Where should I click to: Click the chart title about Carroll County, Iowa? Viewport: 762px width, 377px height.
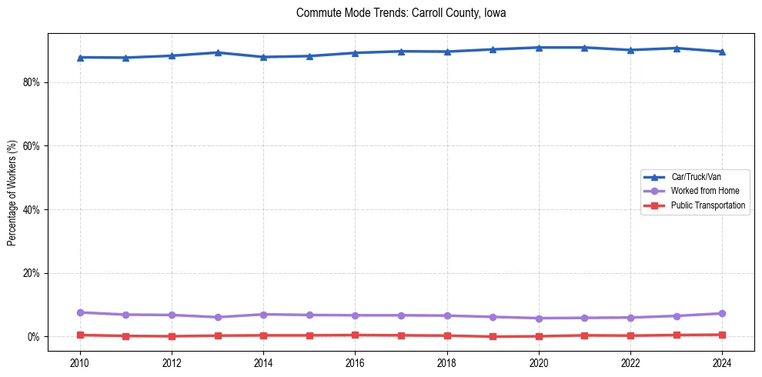click(x=400, y=13)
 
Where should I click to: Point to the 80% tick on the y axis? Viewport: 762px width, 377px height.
click(x=32, y=82)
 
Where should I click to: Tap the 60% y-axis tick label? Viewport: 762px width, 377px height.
click(x=32, y=146)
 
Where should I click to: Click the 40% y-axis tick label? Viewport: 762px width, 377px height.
click(x=32, y=209)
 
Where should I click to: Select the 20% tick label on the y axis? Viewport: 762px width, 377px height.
click(x=32, y=273)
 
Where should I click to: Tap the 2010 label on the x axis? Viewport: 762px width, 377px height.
click(x=80, y=363)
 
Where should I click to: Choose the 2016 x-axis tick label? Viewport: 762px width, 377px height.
click(x=355, y=363)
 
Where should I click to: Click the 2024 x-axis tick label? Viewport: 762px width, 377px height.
click(x=722, y=363)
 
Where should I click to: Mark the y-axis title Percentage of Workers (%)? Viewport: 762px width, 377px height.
click(x=12, y=192)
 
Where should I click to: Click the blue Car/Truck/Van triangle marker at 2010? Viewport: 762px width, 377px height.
click(x=80, y=57)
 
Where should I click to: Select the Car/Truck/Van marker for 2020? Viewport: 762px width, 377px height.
click(x=539, y=48)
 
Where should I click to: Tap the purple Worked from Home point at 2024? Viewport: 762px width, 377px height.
click(x=722, y=313)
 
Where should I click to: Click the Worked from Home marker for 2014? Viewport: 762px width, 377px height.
click(x=263, y=315)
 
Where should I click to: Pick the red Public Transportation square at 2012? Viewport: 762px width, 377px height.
click(x=172, y=336)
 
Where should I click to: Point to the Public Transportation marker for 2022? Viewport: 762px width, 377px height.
click(x=630, y=335)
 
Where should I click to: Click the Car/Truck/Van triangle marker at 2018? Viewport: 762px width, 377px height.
click(x=447, y=52)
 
